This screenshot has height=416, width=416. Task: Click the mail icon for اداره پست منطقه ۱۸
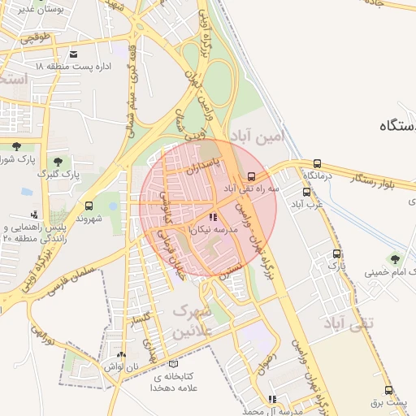[75, 54]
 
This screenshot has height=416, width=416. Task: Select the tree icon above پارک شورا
[16, 146]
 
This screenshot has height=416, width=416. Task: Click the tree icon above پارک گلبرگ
[58, 161]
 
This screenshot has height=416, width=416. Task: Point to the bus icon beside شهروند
[88, 206]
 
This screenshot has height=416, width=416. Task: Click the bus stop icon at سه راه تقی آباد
[252, 175]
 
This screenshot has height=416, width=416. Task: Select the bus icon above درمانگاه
[317, 163]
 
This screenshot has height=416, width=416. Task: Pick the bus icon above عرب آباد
[306, 193]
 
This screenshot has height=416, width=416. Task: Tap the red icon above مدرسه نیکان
[213, 218]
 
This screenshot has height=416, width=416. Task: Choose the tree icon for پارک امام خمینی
[395, 259]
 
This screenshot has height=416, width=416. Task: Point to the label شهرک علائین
[192, 322]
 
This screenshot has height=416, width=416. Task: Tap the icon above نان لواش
[122, 354]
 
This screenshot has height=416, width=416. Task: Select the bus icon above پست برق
[388, 390]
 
